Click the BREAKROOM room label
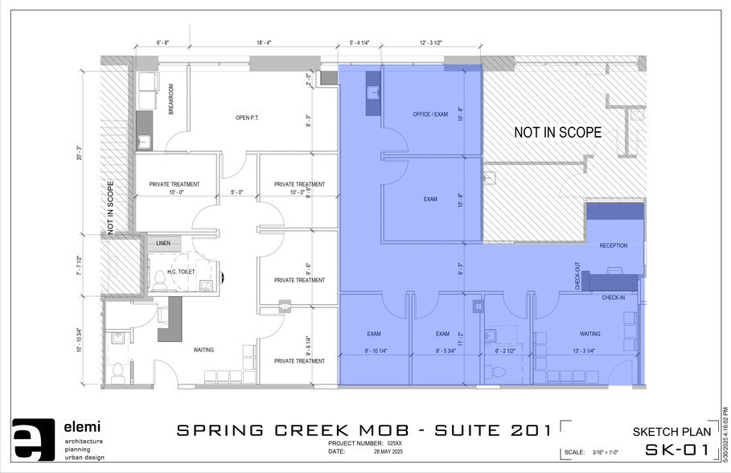(x=171, y=101)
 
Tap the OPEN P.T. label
(x=247, y=118)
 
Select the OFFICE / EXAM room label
(x=430, y=114)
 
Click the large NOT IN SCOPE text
(x=558, y=133)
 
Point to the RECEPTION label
(x=614, y=245)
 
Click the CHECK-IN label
(x=614, y=298)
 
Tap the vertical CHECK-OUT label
(x=577, y=276)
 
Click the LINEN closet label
(x=163, y=243)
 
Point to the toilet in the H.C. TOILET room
(x=159, y=278)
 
